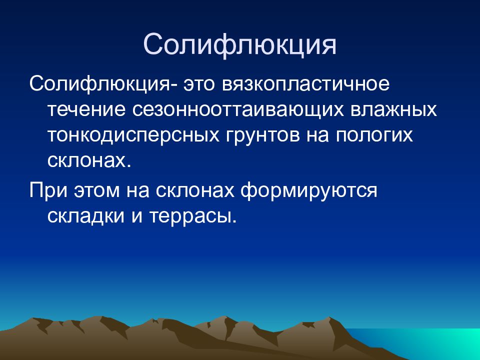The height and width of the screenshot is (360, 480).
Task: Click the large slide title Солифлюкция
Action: click(239, 45)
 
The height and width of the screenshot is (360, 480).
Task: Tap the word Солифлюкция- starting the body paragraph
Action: click(103, 84)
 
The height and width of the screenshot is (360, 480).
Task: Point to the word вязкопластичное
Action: click(305, 84)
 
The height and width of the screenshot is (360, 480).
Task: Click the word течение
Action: click(86, 110)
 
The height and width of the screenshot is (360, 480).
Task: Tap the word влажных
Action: click(393, 110)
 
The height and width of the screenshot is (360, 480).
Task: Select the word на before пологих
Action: click(318, 135)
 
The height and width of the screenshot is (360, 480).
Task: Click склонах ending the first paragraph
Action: click(89, 160)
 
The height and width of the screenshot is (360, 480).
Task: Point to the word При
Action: click(48, 190)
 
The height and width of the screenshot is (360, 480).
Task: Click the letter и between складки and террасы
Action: click(137, 216)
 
